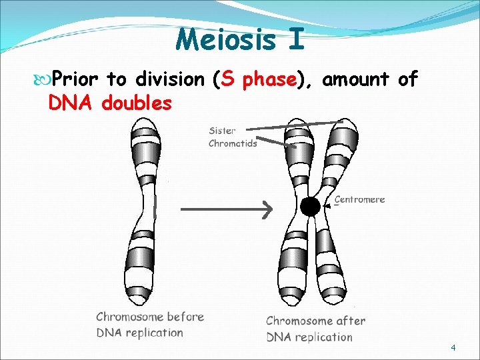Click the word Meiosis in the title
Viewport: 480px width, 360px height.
[225, 39]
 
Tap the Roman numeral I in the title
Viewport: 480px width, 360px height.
[297, 39]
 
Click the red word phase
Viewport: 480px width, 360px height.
[269, 80]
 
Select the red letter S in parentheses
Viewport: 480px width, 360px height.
[227, 80]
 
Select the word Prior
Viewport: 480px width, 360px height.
[75, 80]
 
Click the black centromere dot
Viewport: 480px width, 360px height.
[310, 207]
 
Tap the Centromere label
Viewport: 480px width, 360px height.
[359, 199]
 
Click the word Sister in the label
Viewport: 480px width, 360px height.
[222, 131]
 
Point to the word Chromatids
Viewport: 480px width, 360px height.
[233, 143]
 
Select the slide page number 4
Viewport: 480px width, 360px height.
[453, 348]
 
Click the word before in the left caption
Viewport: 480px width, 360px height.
[187, 317]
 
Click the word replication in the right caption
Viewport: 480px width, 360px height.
[323, 337]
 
